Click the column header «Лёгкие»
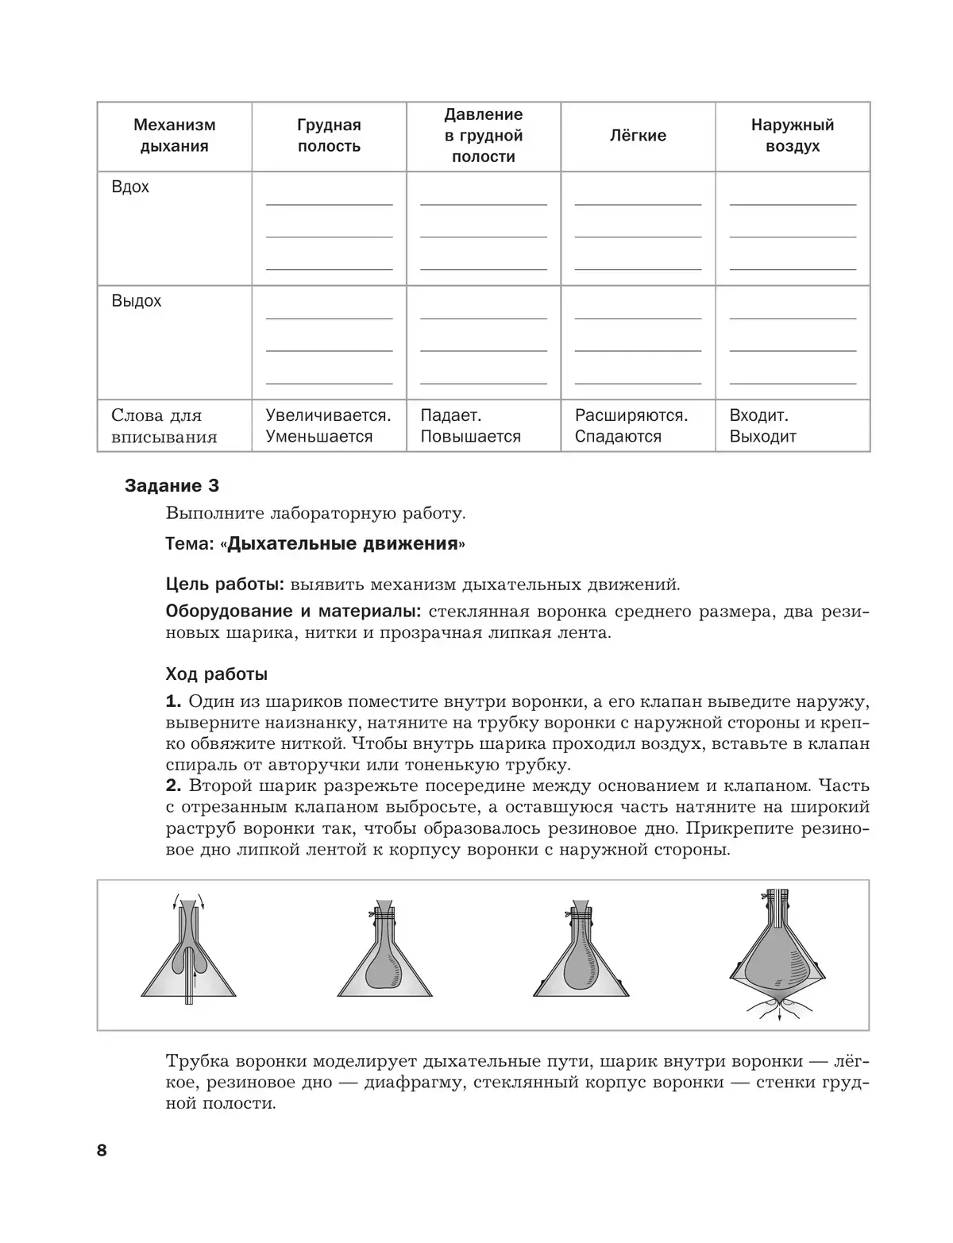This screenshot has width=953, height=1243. [638, 136]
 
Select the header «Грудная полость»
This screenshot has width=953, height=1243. [329, 136]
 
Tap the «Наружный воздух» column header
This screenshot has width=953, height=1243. [793, 136]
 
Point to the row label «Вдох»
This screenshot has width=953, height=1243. [130, 187]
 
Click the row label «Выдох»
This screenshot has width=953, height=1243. [136, 302]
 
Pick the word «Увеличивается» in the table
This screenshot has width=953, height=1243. [328, 415]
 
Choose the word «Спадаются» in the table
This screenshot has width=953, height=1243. [618, 437]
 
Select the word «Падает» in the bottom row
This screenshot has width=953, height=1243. [450, 415]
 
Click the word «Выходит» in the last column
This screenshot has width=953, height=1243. [762, 437]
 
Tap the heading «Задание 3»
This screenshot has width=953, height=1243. [172, 486]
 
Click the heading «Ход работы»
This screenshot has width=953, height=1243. [216, 674]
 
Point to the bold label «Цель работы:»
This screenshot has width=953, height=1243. [225, 585]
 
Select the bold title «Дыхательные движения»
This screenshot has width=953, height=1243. [343, 544]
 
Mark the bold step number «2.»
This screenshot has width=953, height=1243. [174, 786]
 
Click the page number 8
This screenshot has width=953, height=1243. [102, 1150]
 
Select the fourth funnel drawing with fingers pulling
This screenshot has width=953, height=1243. [777, 953]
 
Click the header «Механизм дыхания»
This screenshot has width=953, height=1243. [174, 136]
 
